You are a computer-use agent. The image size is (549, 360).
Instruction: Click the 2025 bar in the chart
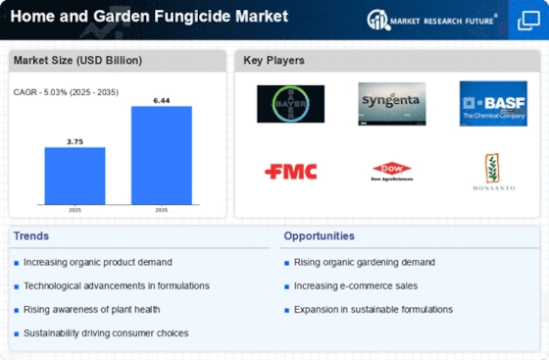click(x=75, y=175)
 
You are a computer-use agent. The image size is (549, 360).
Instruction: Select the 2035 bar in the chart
click(x=161, y=155)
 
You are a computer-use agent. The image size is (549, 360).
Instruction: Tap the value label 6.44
click(x=161, y=99)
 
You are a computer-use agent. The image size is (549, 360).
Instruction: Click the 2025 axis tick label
click(x=75, y=210)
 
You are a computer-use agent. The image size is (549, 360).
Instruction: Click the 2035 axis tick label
click(x=161, y=210)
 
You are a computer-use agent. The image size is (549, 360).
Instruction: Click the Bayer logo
click(x=290, y=104)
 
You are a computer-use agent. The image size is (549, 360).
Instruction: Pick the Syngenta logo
click(x=391, y=103)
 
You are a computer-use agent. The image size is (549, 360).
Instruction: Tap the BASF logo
click(x=492, y=103)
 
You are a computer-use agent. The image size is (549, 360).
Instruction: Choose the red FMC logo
click(x=290, y=172)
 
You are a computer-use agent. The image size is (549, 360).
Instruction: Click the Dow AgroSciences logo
click(x=391, y=172)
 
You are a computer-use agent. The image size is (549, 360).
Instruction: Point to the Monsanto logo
click(x=492, y=173)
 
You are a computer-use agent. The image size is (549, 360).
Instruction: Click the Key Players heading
click(x=274, y=61)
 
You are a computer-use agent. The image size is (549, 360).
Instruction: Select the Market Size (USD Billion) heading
click(x=75, y=61)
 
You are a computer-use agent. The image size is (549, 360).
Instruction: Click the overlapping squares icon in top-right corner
click(x=527, y=19)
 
